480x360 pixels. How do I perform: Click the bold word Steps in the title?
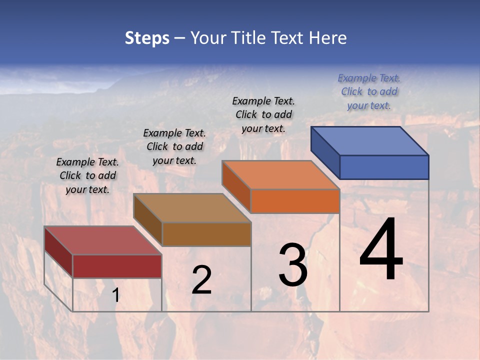point(147,38)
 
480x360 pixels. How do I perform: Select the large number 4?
point(381,250)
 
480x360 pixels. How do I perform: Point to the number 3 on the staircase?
point(293,265)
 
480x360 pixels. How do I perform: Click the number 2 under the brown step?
point(201,280)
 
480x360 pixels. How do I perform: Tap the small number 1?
point(115,295)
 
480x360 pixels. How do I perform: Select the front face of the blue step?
point(384,167)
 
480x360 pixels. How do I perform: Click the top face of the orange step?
point(281,175)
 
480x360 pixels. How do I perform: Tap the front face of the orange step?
point(295,201)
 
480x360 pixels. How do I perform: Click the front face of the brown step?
point(206,234)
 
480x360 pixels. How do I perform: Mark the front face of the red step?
point(117,266)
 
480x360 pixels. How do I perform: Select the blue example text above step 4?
point(369,91)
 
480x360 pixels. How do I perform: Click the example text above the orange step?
point(263,114)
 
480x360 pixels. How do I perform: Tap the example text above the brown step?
point(174,146)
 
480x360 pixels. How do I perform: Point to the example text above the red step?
point(87,175)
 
